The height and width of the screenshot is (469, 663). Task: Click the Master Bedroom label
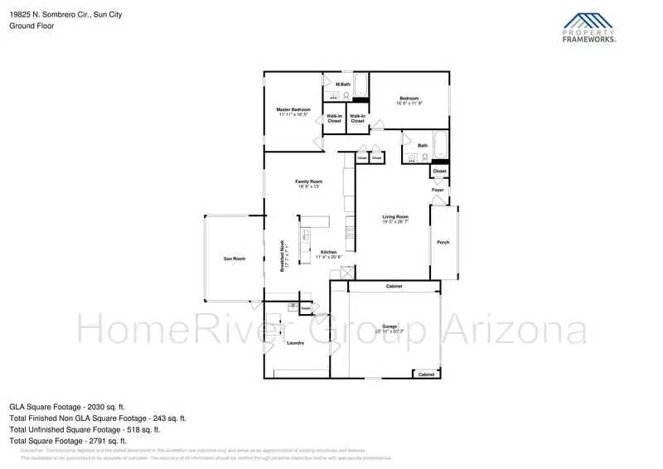(x=293, y=109)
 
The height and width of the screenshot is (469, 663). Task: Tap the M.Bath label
(x=341, y=85)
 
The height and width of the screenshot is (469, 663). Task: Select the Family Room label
(x=308, y=181)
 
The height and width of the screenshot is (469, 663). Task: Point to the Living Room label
(x=395, y=217)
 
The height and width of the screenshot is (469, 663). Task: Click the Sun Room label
(x=234, y=259)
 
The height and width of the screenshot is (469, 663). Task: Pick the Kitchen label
(x=328, y=252)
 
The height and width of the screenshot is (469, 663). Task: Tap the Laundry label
(x=295, y=342)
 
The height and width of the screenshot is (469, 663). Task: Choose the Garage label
(x=390, y=326)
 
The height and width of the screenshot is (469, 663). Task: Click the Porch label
(x=443, y=243)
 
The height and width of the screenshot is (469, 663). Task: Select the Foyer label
(x=438, y=190)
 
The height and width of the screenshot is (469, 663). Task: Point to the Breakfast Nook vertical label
(x=283, y=258)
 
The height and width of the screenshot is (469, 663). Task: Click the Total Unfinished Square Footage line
(x=85, y=429)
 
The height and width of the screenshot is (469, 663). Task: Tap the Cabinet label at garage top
(x=394, y=286)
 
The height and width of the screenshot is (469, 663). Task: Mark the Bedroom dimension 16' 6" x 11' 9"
(x=409, y=104)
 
